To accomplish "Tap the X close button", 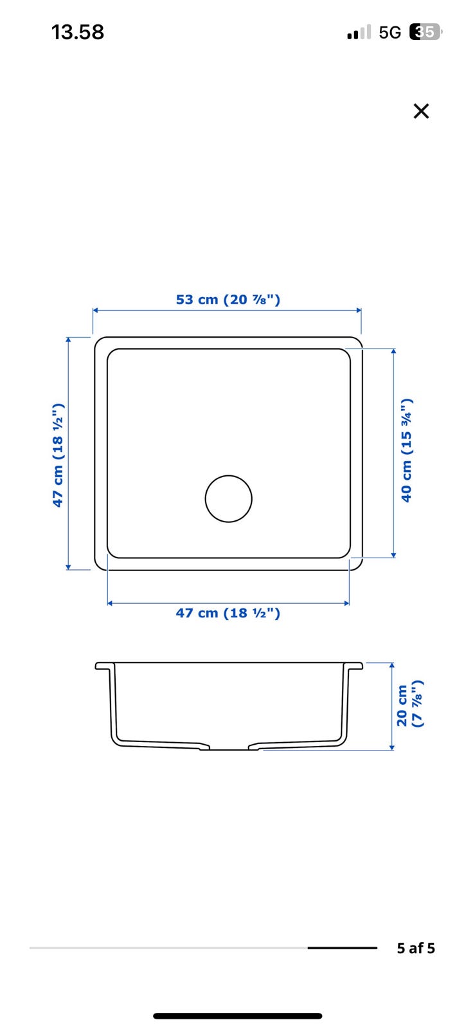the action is tap(421, 111).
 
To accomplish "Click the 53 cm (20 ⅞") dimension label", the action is tap(228, 300).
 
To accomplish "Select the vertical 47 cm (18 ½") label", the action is tap(58, 455).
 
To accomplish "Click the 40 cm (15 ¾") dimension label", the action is tap(407, 450).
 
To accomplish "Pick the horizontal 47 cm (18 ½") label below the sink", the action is tap(228, 613).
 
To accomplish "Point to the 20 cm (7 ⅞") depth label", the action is tap(409, 706).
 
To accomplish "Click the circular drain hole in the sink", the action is tap(229, 498).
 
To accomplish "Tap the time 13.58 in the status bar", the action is tap(78, 32).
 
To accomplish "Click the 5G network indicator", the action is tap(390, 33).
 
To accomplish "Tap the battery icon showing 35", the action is tap(426, 32).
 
